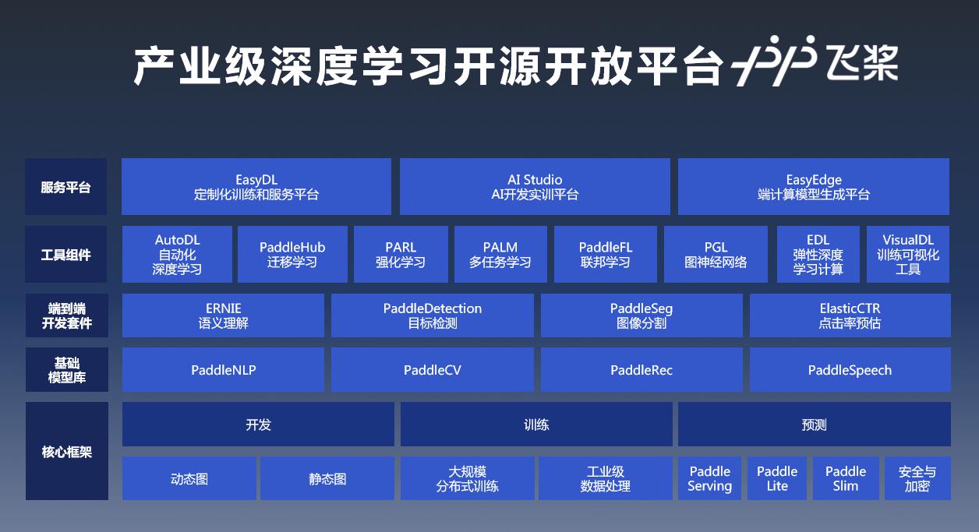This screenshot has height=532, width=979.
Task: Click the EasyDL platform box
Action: pos(256,186)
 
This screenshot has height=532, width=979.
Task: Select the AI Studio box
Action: pos(535,186)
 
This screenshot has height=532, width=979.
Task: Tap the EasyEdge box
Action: pos(813,186)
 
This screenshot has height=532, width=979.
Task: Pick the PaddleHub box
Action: pos(292,254)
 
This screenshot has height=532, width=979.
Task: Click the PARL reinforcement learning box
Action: pos(401,254)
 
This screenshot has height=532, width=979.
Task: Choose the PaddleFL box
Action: pos(606,254)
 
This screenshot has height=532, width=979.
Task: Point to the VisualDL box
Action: pos(908,254)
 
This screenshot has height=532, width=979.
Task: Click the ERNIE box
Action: pos(224,315)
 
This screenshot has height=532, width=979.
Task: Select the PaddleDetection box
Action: pos(433,315)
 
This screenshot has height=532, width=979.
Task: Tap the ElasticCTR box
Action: pos(850,315)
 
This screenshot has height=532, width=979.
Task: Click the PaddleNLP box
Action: pos(224,369)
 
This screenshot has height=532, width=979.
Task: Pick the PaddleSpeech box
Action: pos(850,369)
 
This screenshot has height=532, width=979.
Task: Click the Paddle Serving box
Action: pos(710,478)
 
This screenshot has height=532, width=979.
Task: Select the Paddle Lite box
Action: pos(777,478)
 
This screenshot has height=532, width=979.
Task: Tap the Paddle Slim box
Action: pos(846,478)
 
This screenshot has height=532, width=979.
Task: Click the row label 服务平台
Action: pos(65,188)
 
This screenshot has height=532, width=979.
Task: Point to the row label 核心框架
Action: pos(66,452)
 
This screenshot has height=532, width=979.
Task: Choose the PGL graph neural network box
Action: pos(716,254)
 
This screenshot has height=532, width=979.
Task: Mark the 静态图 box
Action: pos(327,478)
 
